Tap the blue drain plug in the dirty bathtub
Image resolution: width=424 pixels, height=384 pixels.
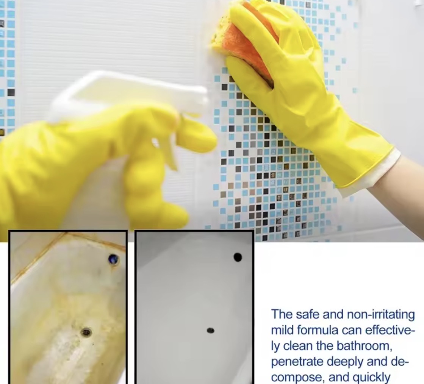113,260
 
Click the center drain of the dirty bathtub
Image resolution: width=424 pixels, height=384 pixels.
86,332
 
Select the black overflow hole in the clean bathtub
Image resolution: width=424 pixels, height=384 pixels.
238,257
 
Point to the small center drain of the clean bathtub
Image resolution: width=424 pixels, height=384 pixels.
210,330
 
